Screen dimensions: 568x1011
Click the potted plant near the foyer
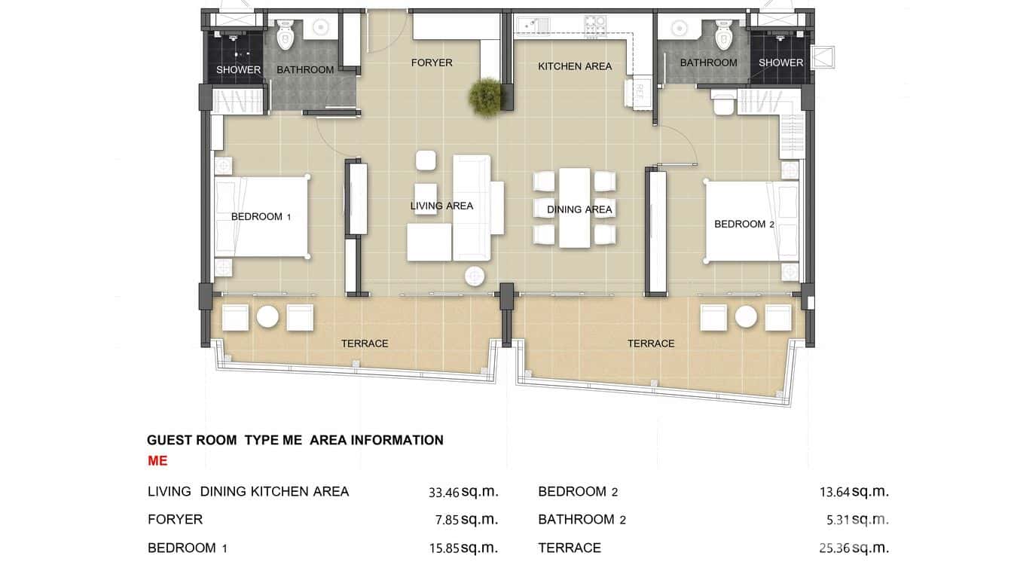(x=485, y=96)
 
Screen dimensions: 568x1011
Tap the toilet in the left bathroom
(x=286, y=35)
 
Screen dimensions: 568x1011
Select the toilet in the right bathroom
(x=723, y=35)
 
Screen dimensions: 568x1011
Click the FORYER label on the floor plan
(x=432, y=63)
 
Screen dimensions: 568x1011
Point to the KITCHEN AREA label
(x=575, y=66)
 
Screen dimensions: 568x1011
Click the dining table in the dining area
(x=574, y=207)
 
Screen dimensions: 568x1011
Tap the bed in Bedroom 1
(x=261, y=217)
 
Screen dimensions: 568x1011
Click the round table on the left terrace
(x=267, y=316)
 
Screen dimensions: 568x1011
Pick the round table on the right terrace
(x=746, y=316)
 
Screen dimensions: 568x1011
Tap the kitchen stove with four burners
(x=596, y=25)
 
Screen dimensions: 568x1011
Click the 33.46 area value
(x=443, y=493)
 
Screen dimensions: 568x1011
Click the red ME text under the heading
(x=157, y=461)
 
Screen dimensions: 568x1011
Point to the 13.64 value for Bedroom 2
(x=835, y=493)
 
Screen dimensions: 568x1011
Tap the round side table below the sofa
(x=475, y=276)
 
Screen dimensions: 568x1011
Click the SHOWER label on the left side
(x=238, y=70)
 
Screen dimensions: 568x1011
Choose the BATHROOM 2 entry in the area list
(x=582, y=520)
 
